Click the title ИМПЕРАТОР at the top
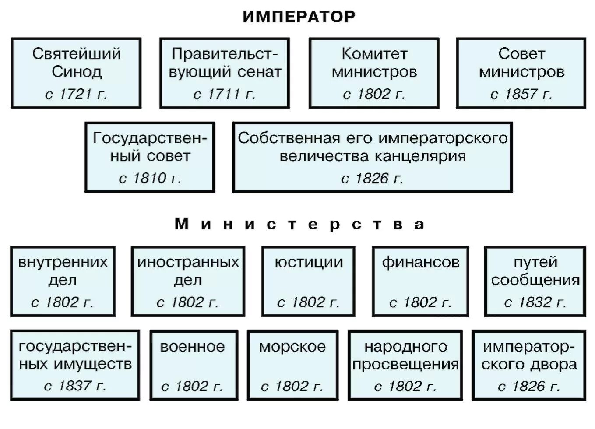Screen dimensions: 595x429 [x=299, y=17]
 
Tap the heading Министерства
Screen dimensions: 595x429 [x=299, y=224]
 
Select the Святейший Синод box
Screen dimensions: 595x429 [x=76, y=73]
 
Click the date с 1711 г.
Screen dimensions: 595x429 [x=224, y=94]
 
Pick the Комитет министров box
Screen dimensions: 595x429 [x=374, y=73]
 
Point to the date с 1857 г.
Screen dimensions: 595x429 [x=521, y=94]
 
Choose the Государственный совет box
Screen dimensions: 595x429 [x=150, y=157]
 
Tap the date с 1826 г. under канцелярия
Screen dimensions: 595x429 [x=372, y=178]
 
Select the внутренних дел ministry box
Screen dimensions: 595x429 [x=63, y=281]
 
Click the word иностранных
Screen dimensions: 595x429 [x=188, y=262]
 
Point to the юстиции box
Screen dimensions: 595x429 [x=308, y=281]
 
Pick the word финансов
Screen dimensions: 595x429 [x=420, y=262]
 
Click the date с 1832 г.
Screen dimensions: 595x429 [x=535, y=302]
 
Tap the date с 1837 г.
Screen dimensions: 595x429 [x=75, y=386]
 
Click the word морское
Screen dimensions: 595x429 [x=292, y=347]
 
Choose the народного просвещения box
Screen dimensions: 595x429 [x=405, y=365]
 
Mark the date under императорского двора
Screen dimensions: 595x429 [x=529, y=386]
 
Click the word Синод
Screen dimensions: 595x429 [x=77, y=71]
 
